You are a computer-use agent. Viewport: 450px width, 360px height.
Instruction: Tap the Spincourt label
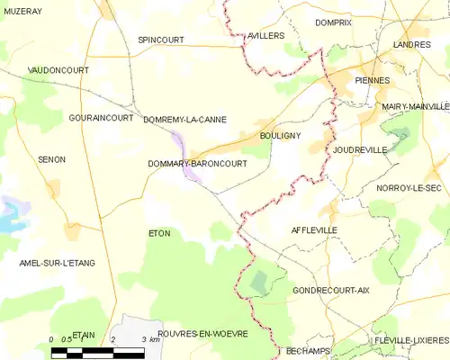160,40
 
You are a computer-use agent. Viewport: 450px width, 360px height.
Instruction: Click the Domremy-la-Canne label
184,119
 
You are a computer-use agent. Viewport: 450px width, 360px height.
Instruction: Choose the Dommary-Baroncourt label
197,164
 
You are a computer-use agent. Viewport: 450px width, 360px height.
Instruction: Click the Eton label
158,233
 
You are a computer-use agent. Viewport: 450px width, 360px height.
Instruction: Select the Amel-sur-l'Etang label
57,263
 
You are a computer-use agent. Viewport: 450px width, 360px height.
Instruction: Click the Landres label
412,43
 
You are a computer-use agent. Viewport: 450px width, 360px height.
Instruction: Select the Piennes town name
373,80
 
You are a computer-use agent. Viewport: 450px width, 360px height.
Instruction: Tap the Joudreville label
359,149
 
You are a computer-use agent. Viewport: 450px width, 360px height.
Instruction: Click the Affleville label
314,230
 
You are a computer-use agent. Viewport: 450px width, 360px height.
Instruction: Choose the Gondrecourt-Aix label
331,291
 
